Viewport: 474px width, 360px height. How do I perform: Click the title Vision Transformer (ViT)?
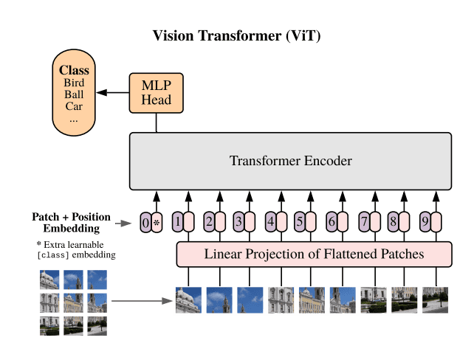tap(236, 35)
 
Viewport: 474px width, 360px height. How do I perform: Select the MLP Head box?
tap(157, 93)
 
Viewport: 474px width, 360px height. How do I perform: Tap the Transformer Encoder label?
tap(290, 161)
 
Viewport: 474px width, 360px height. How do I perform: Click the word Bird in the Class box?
tap(74, 83)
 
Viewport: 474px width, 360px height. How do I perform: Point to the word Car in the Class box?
tap(74, 106)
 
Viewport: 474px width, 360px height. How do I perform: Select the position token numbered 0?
tap(145, 221)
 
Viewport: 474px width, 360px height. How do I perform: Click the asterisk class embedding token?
tap(157, 221)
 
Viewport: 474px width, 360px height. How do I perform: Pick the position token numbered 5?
tap(300, 221)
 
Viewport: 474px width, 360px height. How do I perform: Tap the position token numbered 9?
tap(425, 221)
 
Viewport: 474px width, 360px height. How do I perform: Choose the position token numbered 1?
tap(177, 221)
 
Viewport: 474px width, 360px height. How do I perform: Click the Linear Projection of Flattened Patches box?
tap(314, 255)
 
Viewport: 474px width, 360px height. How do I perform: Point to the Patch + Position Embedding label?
tap(71, 222)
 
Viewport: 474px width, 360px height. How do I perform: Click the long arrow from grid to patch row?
tap(140, 301)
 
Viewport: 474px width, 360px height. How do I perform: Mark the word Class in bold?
tap(74, 71)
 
